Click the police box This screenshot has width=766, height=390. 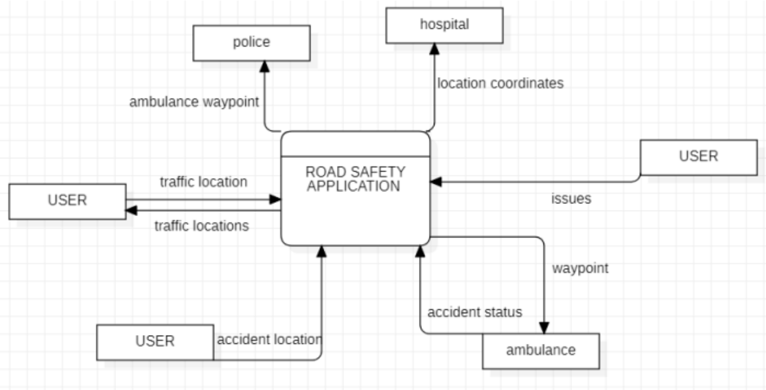251,42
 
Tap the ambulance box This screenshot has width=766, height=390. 540,351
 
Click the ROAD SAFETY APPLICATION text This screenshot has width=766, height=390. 355,179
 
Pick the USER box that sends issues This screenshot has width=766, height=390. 698,157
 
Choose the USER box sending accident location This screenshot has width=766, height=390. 155,342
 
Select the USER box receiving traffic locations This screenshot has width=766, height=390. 67,201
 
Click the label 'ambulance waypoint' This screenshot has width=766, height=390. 194,102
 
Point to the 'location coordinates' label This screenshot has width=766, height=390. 500,83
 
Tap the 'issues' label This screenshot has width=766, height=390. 571,199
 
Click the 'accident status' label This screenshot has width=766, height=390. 475,312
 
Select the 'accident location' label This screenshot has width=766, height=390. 269,339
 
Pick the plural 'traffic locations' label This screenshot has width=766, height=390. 202,226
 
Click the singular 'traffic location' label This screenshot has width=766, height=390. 203,182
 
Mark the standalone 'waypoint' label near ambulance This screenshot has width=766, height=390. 580,268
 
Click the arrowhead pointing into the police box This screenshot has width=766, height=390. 264,66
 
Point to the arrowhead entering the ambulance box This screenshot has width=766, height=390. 544,328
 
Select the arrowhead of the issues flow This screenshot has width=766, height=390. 436,181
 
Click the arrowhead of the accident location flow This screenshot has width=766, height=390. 322,251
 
